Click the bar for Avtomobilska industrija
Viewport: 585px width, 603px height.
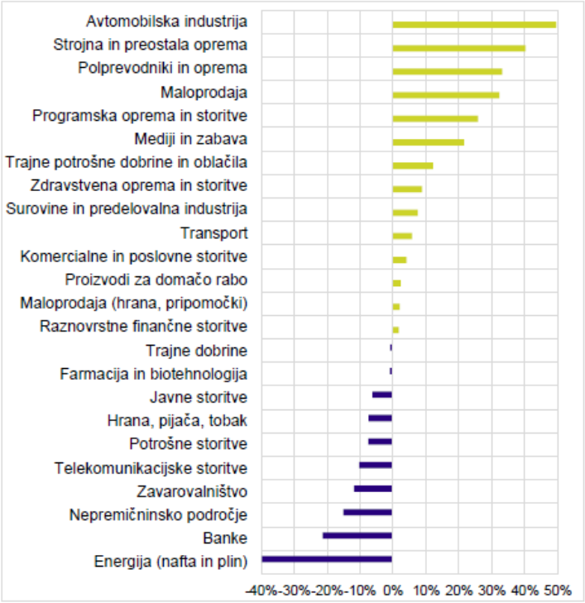(474, 25)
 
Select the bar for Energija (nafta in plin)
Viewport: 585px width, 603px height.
(327, 559)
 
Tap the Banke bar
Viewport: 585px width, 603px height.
(357, 536)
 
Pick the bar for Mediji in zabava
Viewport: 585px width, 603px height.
(429, 142)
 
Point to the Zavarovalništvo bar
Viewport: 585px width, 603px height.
(373, 489)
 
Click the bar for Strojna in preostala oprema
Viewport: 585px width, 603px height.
(459, 49)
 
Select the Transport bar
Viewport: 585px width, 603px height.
(402, 236)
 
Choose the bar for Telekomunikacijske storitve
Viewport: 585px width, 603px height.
(376, 466)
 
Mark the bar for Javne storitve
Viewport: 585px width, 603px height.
(382, 395)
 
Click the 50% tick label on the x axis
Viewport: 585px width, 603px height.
(558, 591)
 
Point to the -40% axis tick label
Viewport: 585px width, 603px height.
(261, 591)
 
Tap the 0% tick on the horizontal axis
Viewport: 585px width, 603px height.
(393, 591)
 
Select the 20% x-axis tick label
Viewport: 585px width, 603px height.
(459, 591)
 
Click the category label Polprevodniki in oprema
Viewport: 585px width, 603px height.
(163, 68)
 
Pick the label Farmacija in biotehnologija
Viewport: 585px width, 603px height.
(153, 374)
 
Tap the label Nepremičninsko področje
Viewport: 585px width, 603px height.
(158, 515)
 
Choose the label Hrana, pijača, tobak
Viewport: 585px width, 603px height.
(177, 421)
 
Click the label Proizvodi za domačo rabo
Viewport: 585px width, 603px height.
(156, 280)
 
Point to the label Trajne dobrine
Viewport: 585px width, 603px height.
(197, 351)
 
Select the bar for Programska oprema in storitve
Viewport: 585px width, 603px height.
(435, 119)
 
